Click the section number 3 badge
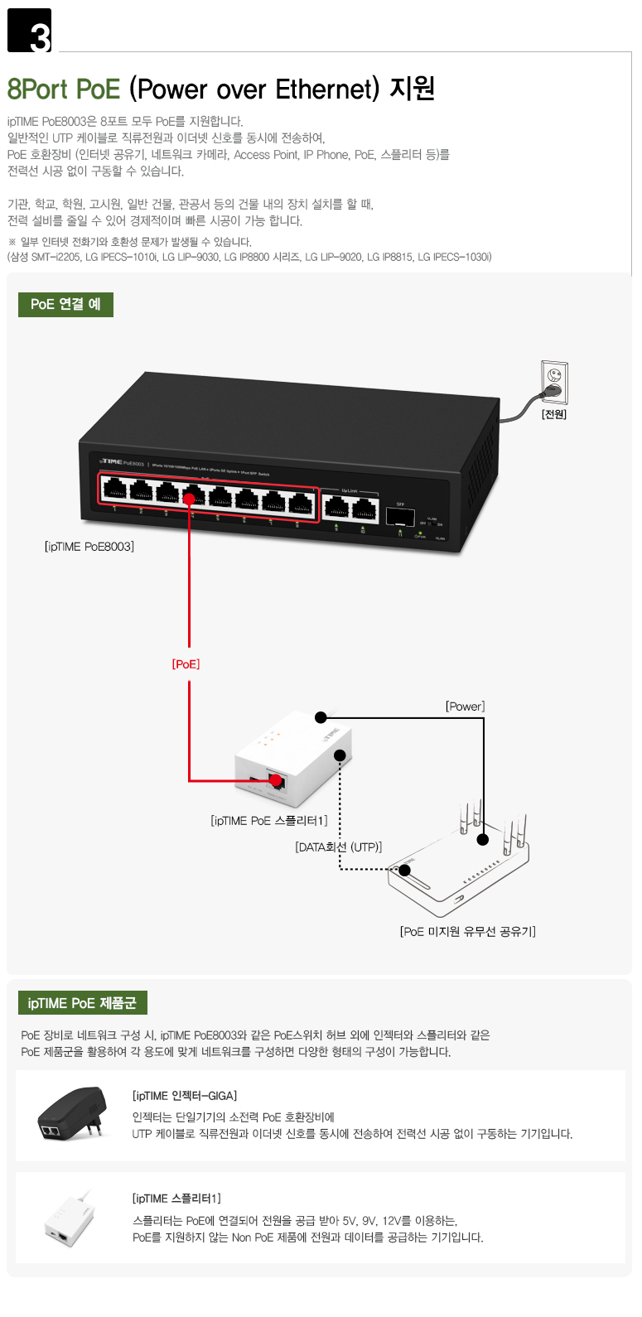[30, 31]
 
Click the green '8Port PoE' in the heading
[64, 89]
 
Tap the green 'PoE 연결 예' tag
[65, 304]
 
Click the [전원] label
[554, 414]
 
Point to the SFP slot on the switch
[400, 516]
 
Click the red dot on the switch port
[190, 499]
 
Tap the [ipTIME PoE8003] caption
[89, 547]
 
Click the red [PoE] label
[186, 664]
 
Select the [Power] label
[465, 707]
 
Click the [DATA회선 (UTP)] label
[339, 847]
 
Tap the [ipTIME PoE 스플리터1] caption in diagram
[269, 821]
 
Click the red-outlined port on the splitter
[276, 780]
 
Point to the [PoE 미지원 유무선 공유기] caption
[467, 932]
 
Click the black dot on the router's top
[483, 839]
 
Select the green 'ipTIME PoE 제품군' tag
[82, 1003]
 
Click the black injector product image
[73, 1113]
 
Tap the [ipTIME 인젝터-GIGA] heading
[185, 1096]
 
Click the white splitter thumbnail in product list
[69, 1218]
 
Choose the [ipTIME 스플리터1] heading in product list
[176, 1199]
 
